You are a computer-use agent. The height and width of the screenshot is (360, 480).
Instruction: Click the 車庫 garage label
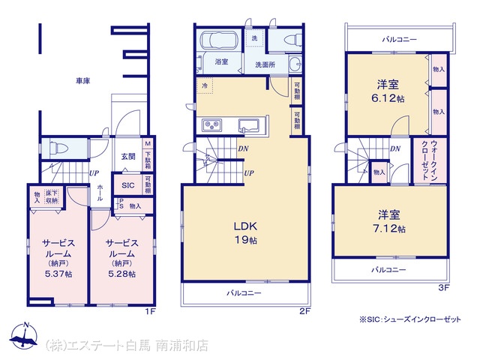(83, 81)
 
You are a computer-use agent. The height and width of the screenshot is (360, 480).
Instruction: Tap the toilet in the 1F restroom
(58, 148)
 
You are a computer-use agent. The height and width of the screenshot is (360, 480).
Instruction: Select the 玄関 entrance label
(128, 157)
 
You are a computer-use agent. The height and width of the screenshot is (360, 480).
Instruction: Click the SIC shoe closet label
(128, 185)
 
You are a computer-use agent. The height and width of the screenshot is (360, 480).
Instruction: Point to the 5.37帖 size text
(58, 274)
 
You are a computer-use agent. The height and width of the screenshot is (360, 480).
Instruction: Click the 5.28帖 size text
(121, 274)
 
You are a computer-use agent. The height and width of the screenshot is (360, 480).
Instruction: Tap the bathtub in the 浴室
(218, 40)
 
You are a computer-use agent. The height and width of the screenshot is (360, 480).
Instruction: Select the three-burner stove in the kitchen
(211, 125)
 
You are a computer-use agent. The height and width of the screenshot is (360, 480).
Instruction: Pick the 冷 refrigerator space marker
(205, 85)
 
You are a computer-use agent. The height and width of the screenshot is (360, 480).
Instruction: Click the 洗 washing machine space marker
(254, 38)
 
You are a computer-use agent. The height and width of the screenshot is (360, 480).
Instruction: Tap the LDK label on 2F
(245, 226)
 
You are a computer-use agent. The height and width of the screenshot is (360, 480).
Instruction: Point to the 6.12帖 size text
(388, 98)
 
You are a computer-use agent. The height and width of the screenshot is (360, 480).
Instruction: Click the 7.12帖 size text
(389, 229)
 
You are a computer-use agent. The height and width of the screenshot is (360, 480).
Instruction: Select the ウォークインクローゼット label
(430, 160)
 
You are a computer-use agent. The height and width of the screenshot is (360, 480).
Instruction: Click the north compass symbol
(23, 336)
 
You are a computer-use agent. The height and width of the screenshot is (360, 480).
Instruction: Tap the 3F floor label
(443, 287)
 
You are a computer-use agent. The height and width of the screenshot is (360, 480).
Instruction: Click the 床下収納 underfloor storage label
(52, 196)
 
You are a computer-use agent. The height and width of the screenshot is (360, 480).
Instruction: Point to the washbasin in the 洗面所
(295, 64)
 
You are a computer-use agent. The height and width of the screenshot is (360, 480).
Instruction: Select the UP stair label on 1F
(94, 173)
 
